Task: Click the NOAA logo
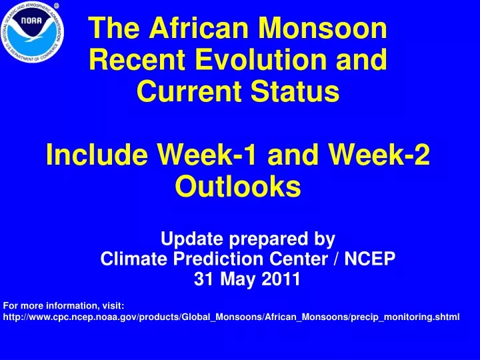pos(33,32)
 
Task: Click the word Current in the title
pos(191,91)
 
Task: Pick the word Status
pos(295,91)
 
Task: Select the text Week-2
pos(379,155)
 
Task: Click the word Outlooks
pos(238,187)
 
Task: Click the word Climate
pos(134,259)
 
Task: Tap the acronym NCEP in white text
pos(370,259)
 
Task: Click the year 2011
pos(281,279)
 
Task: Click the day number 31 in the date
pos(204,279)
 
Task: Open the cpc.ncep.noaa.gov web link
pos(231,317)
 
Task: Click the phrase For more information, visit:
pos(64,306)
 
